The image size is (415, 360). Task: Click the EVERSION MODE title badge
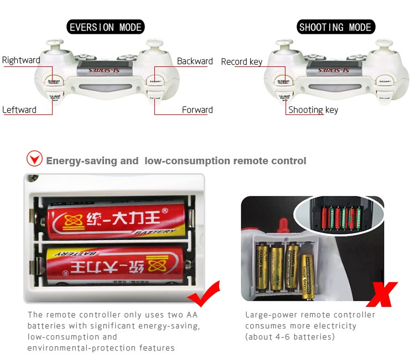coord(105,27)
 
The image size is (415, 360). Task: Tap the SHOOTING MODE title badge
coord(335,27)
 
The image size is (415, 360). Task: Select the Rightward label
coord(21,60)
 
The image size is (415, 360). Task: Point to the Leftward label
coord(19,109)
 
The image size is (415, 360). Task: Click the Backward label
coord(195,61)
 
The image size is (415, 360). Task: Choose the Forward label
coord(197,109)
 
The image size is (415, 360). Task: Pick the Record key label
coord(241,61)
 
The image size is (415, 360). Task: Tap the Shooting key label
coord(313,109)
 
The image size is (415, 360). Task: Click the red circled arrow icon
coord(34,160)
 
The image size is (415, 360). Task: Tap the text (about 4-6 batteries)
coord(290,337)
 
